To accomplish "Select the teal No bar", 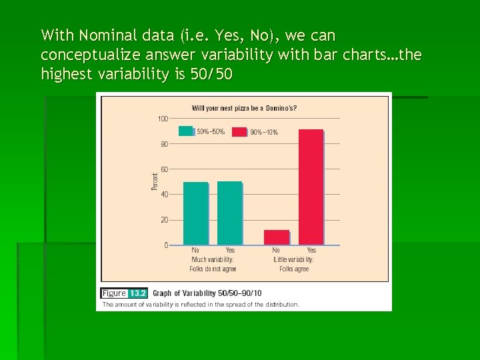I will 195,213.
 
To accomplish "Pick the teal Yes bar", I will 229,213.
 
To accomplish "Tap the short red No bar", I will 277,237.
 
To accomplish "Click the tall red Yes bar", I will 311,187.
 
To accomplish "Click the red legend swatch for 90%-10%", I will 239,131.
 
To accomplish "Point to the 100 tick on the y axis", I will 163,119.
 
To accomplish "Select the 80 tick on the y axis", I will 164,143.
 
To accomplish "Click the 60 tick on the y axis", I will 164,169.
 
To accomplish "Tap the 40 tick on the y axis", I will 164,194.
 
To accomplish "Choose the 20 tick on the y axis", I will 164,219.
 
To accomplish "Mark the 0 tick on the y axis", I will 166,245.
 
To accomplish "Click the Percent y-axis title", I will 155,181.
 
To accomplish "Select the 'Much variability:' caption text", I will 213,259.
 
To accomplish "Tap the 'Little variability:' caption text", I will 294,259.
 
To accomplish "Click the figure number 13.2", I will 138,293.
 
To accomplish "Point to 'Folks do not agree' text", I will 213,269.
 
